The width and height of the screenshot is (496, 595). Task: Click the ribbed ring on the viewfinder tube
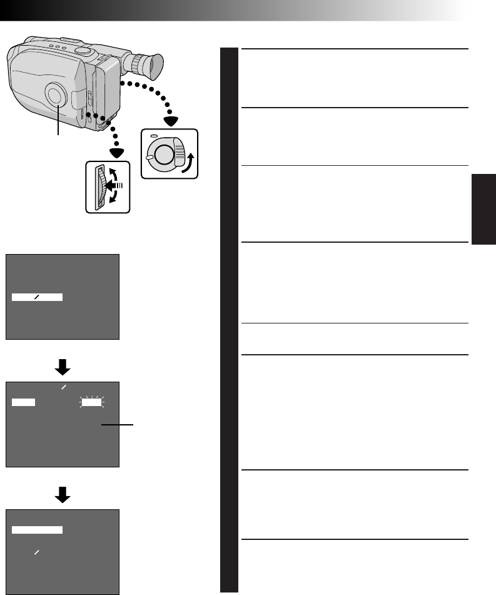click(x=133, y=61)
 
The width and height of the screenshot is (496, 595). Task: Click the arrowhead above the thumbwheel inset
click(x=115, y=153)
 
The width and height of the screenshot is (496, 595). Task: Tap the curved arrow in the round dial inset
click(x=186, y=156)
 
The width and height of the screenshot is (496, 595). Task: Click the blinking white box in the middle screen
click(x=91, y=403)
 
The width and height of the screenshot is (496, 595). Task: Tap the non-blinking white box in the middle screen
click(x=23, y=403)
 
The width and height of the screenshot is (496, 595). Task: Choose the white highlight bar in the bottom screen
click(x=37, y=530)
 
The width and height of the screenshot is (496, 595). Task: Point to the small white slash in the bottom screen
click(x=37, y=552)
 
